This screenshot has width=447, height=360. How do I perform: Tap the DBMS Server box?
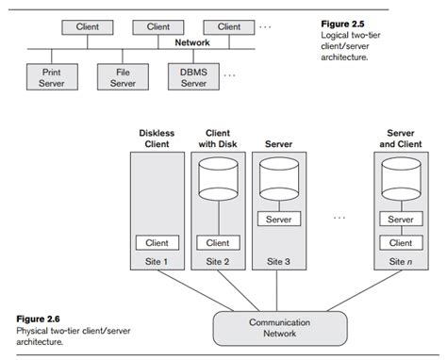(192, 76)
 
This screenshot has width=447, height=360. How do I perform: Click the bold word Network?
(191, 42)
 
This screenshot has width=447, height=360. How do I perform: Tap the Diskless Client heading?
(157, 139)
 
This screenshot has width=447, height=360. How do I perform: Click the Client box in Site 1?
(157, 242)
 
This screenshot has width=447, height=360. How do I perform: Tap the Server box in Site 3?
(278, 219)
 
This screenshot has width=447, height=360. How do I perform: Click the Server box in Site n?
(401, 219)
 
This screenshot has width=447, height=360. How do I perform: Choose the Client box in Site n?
(401, 242)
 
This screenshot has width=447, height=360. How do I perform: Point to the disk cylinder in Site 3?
(278, 176)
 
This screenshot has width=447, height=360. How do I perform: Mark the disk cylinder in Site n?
(401, 176)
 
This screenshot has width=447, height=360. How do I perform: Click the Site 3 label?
(278, 261)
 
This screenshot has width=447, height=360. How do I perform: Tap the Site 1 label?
(157, 261)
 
